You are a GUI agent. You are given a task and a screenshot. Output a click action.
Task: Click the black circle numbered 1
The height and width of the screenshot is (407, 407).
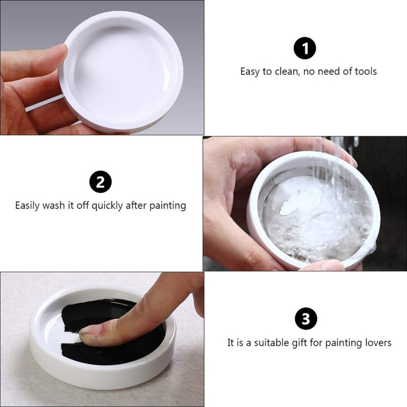click(305, 49)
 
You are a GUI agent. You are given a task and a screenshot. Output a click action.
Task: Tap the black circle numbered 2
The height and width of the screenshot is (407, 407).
click(100, 182)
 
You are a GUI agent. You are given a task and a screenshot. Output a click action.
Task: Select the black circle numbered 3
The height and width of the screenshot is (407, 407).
click(306, 319)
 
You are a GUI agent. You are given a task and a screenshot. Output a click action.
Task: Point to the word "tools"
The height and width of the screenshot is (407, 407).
click(364, 71)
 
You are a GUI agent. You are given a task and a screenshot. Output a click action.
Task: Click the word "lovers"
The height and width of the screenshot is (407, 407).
click(376, 342)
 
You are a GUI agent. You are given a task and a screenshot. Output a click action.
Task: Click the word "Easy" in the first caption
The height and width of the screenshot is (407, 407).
click(250, 71)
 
